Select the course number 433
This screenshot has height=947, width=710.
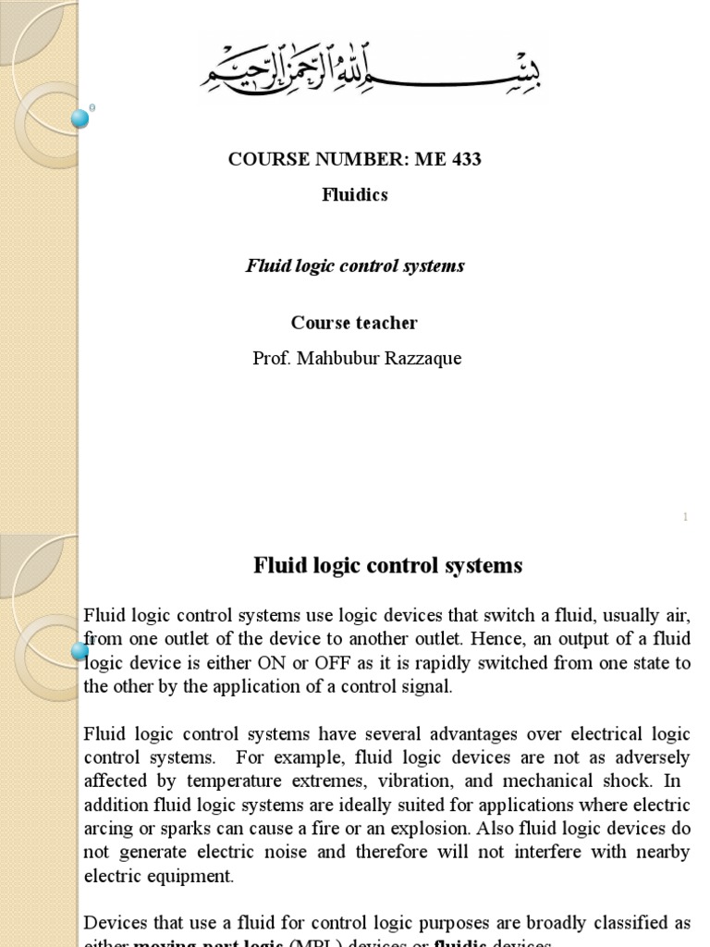tap(466, 159)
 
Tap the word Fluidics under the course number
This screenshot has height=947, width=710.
tap(355, 195)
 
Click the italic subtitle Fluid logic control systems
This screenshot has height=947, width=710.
tap(355, 266)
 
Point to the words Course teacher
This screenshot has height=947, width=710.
tap(354, 323)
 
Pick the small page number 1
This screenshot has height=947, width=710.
tap(685, 517)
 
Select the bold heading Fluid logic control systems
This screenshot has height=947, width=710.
tap(388, 565)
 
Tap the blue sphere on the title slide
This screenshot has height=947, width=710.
tap(80, 117)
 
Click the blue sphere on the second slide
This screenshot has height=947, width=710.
tap(80, 652)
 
